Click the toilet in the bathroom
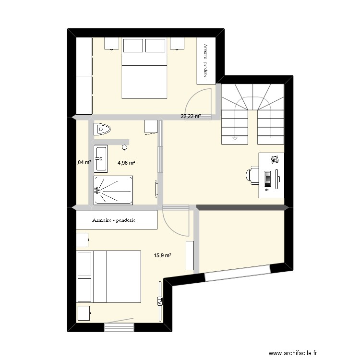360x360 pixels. coord(103,129)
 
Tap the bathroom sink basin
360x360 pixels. coord(101,158)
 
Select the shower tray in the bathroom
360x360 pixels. coord(113,190)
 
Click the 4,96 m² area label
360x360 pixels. coord(126,163)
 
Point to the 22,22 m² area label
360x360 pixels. coord(190,116)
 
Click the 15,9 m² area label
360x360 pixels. coord(162,256)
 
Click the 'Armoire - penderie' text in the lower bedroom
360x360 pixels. coord(114,221)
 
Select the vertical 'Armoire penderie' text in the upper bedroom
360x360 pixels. coord(205,60)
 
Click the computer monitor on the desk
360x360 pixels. coord(278,179)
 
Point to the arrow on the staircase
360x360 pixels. coord(235,138)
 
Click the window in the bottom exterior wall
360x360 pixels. coord(119,327)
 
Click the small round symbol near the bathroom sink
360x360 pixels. coord(125,146)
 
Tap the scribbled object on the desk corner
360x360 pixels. coord(275,159)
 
